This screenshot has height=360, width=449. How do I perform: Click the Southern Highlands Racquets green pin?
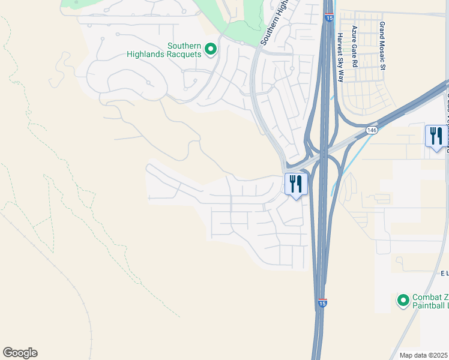coord(210,49)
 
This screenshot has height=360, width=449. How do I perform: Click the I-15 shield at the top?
coord(330,19)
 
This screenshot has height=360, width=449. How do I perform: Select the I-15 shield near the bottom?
coord(322,304)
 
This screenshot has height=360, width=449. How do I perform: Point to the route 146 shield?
coord(372,130)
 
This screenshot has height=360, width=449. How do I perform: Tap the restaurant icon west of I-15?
coord(295,184)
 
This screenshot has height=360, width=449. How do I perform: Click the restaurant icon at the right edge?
coord(436,136)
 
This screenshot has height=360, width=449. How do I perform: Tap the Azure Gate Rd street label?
coord(355,46)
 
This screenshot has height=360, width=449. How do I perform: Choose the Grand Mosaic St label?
coord(382,46)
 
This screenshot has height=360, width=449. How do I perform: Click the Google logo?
coord(20,353)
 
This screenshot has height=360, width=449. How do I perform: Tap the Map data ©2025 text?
coord(424,355)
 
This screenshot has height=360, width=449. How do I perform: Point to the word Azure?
coord(355,34)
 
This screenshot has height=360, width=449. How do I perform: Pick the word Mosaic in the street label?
coord(382,52)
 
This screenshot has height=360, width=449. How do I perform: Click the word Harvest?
coord(340,41)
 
